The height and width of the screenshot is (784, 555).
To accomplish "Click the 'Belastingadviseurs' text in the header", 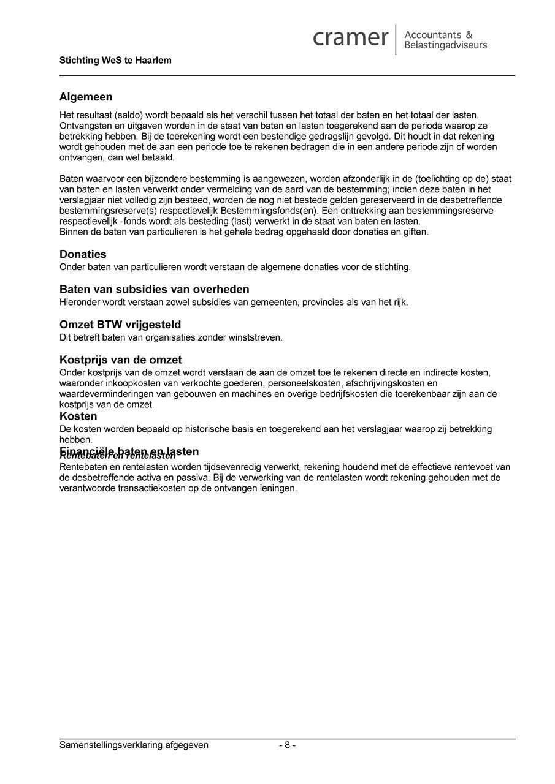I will point(446,45).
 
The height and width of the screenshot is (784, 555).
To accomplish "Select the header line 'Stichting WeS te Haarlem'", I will point(115,61).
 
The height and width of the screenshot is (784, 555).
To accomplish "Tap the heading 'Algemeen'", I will point(86,97).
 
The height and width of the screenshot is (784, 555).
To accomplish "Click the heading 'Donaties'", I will point(83,254).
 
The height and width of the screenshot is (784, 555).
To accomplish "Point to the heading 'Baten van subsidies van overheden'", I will point(154,289).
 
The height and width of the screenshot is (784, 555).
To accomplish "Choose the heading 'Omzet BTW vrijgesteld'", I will point(120,325).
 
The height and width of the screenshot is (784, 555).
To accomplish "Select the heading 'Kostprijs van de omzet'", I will point(120,360).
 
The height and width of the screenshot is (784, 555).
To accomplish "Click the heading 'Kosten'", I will point(78,417).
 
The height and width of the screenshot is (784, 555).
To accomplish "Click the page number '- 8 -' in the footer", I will point(287,745).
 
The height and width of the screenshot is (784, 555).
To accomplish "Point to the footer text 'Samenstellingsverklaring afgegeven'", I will point(134,745).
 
